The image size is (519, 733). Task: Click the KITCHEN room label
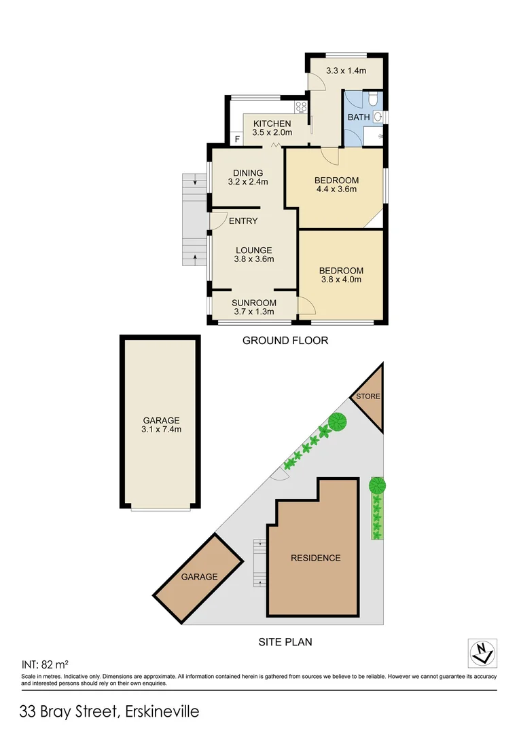coord(272,124)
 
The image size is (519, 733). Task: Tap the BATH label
coord(359,117)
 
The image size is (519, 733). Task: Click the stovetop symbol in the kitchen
coord(301,107)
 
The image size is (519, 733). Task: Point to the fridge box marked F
coord(237,140)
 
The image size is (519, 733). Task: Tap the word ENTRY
coord(243,221)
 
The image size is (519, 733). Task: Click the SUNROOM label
coord(254,303)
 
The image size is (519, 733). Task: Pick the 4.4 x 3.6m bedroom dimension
coord(336,190)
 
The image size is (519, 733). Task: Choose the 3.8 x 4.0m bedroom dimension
coord(341,280)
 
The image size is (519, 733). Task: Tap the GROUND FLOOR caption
coord(285,341)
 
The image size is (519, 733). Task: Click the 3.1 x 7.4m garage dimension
coord(161,430)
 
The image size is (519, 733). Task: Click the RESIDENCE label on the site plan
coord(315,558)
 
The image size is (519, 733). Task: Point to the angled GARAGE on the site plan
coord(199,577)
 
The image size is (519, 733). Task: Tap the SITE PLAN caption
coord(285,641)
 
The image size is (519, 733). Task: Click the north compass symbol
coord(483,653)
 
